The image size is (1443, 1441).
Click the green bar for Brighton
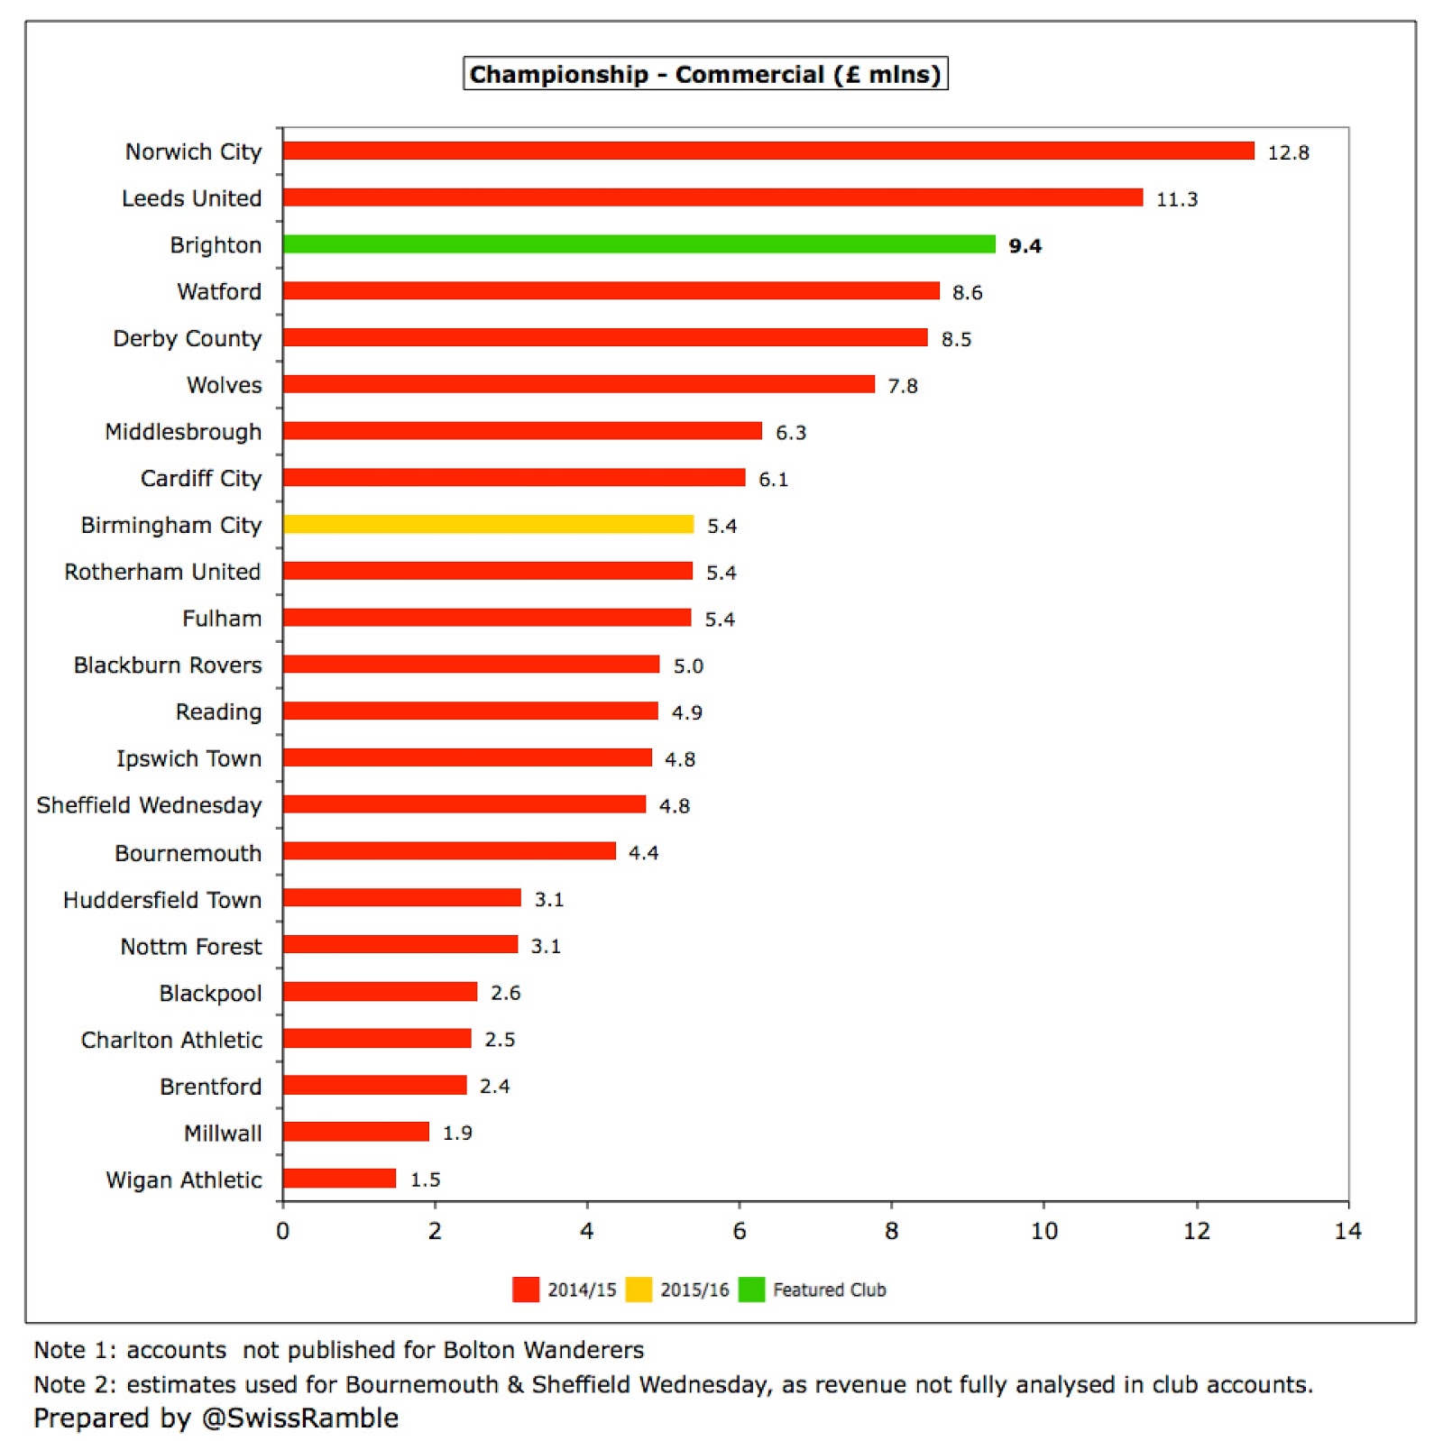[639, 244]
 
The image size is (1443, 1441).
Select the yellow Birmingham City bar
[488, 525]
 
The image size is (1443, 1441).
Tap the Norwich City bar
[767, 151]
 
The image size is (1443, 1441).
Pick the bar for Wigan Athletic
[339, 1179]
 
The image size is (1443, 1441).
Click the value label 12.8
[1288, 152]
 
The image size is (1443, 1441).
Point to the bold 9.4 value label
[1025, 246]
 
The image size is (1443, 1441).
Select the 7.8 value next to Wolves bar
[902, 386]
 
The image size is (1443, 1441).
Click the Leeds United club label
[191, 198]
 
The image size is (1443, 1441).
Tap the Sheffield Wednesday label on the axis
[149, 805]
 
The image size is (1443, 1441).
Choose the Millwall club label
[223, 1134]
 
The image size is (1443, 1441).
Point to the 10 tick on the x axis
[1043, 1231]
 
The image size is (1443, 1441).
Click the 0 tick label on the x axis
[283, 1231]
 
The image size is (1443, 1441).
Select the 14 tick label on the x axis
[1347, 1231]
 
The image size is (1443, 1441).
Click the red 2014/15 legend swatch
[525, 1290]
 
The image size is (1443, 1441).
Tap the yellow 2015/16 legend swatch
[639, 1290]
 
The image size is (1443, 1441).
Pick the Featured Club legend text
[829, 1290]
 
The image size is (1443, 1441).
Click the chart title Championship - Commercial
[705, 74]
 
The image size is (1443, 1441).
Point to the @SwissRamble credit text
[299, 1418]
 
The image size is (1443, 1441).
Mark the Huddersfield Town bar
[401, 898]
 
